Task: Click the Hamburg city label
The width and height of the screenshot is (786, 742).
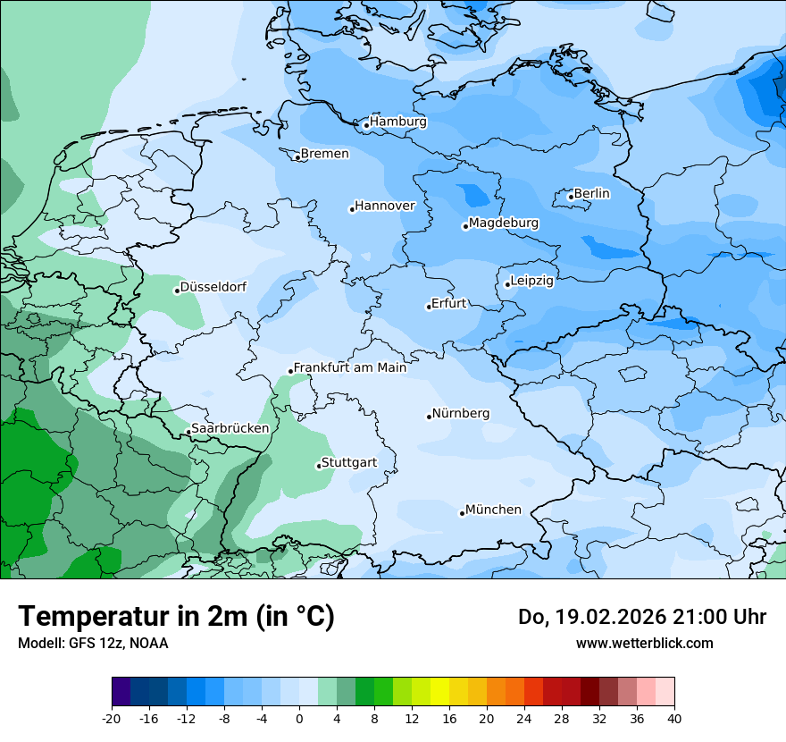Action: pos(398,122)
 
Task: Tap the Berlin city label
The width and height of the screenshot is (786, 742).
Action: pos(591,193)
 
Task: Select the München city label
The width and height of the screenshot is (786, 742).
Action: pos(493,510)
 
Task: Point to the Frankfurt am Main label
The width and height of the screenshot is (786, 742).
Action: pos(350,367)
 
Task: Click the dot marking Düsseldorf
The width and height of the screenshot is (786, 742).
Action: pos(177,291)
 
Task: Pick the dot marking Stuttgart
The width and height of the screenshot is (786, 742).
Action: pos(318,466)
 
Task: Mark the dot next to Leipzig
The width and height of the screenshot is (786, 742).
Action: pos(507,284)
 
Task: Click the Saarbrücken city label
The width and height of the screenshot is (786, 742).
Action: pos(230,428)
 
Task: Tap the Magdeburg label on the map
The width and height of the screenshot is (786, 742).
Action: pos(504,223)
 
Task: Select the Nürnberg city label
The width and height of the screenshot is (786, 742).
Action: pos(461,414)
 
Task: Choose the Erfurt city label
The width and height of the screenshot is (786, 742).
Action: pos(448,303)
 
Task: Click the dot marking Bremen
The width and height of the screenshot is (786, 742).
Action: pos(297,157)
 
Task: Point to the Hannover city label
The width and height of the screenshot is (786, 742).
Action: pos(385,206)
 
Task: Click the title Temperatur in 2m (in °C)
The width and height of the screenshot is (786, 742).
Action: pos(176,617)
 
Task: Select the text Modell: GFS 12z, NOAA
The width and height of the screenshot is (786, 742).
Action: pos(93,643)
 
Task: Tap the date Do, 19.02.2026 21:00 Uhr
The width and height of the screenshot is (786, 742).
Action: pos(642,617)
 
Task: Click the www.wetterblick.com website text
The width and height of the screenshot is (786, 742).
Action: pos(644,643)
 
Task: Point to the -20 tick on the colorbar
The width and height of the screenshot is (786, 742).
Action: pos(112,718)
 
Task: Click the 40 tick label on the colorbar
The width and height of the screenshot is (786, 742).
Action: pos(674,718)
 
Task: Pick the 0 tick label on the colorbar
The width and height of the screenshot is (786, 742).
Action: pos(299,718)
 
